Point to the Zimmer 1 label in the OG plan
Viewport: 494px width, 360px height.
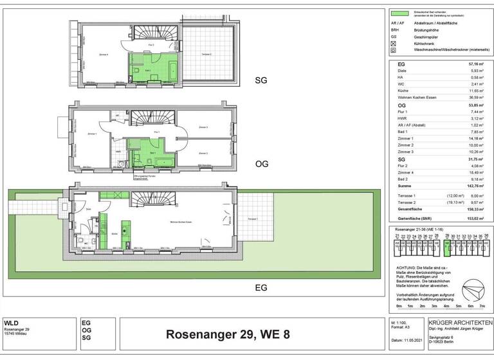tap(92, 134)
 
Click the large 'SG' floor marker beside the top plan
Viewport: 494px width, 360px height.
tap(261, 81)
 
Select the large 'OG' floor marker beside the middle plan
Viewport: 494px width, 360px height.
tap(261, 165)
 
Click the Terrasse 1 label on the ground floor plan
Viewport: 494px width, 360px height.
tap(252, 219)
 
